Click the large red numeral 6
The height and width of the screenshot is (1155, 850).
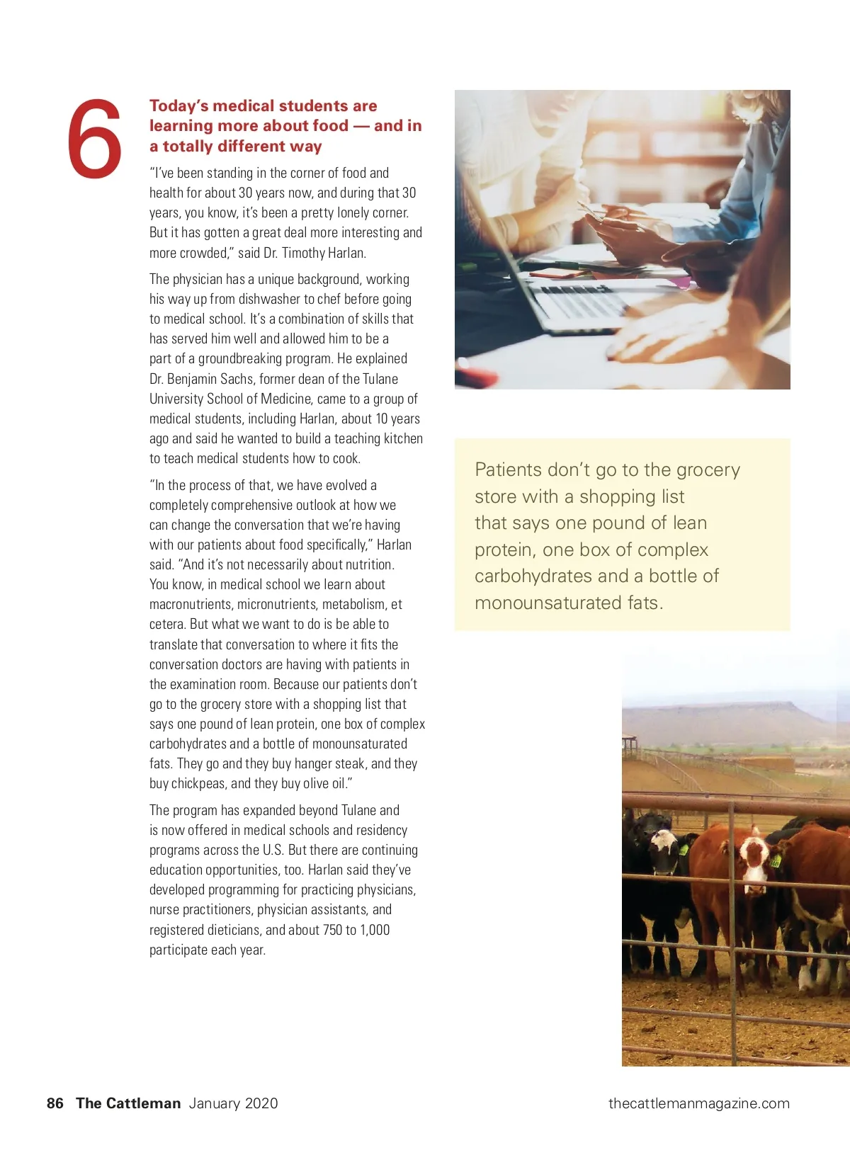click(95, 139)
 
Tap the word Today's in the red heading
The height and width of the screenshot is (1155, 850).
click(178, 106)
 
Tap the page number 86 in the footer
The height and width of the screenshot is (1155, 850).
click(55, 1103)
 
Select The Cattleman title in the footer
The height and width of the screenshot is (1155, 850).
click(128, 1103)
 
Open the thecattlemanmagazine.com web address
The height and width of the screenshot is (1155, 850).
click(698, 1103)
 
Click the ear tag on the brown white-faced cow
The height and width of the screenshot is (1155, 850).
click(776, 860)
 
